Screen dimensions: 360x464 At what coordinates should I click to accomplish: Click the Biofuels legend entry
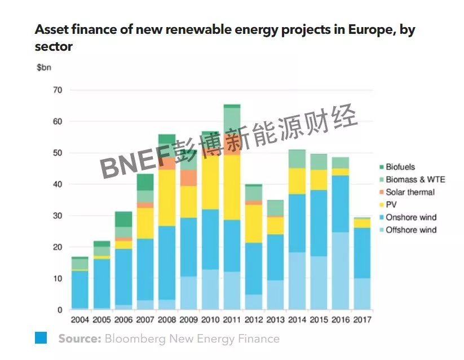click(x=400, y=167)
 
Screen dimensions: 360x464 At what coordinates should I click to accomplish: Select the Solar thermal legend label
click(x=409, y=192)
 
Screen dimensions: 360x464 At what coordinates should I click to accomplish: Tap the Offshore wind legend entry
click(x=411, y=230)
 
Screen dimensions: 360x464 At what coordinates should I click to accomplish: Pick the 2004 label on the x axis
click(x=79, y=320)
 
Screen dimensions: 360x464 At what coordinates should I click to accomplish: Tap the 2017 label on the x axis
click(x=362, y=320)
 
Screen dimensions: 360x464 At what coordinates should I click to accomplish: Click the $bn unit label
click(x=45, y=68)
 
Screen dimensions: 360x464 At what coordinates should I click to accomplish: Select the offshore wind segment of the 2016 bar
click(x=340, y=271)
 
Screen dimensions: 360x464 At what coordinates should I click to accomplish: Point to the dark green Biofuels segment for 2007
click(x=145, y=182)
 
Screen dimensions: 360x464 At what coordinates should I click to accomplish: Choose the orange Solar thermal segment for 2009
click(x=188, y=178)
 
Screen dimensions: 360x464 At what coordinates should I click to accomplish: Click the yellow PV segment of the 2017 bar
click(x=362, y=223)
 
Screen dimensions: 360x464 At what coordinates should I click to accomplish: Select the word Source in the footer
click(x=79, y=339)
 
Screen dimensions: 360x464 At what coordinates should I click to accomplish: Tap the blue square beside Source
click(x=41, y=337)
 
